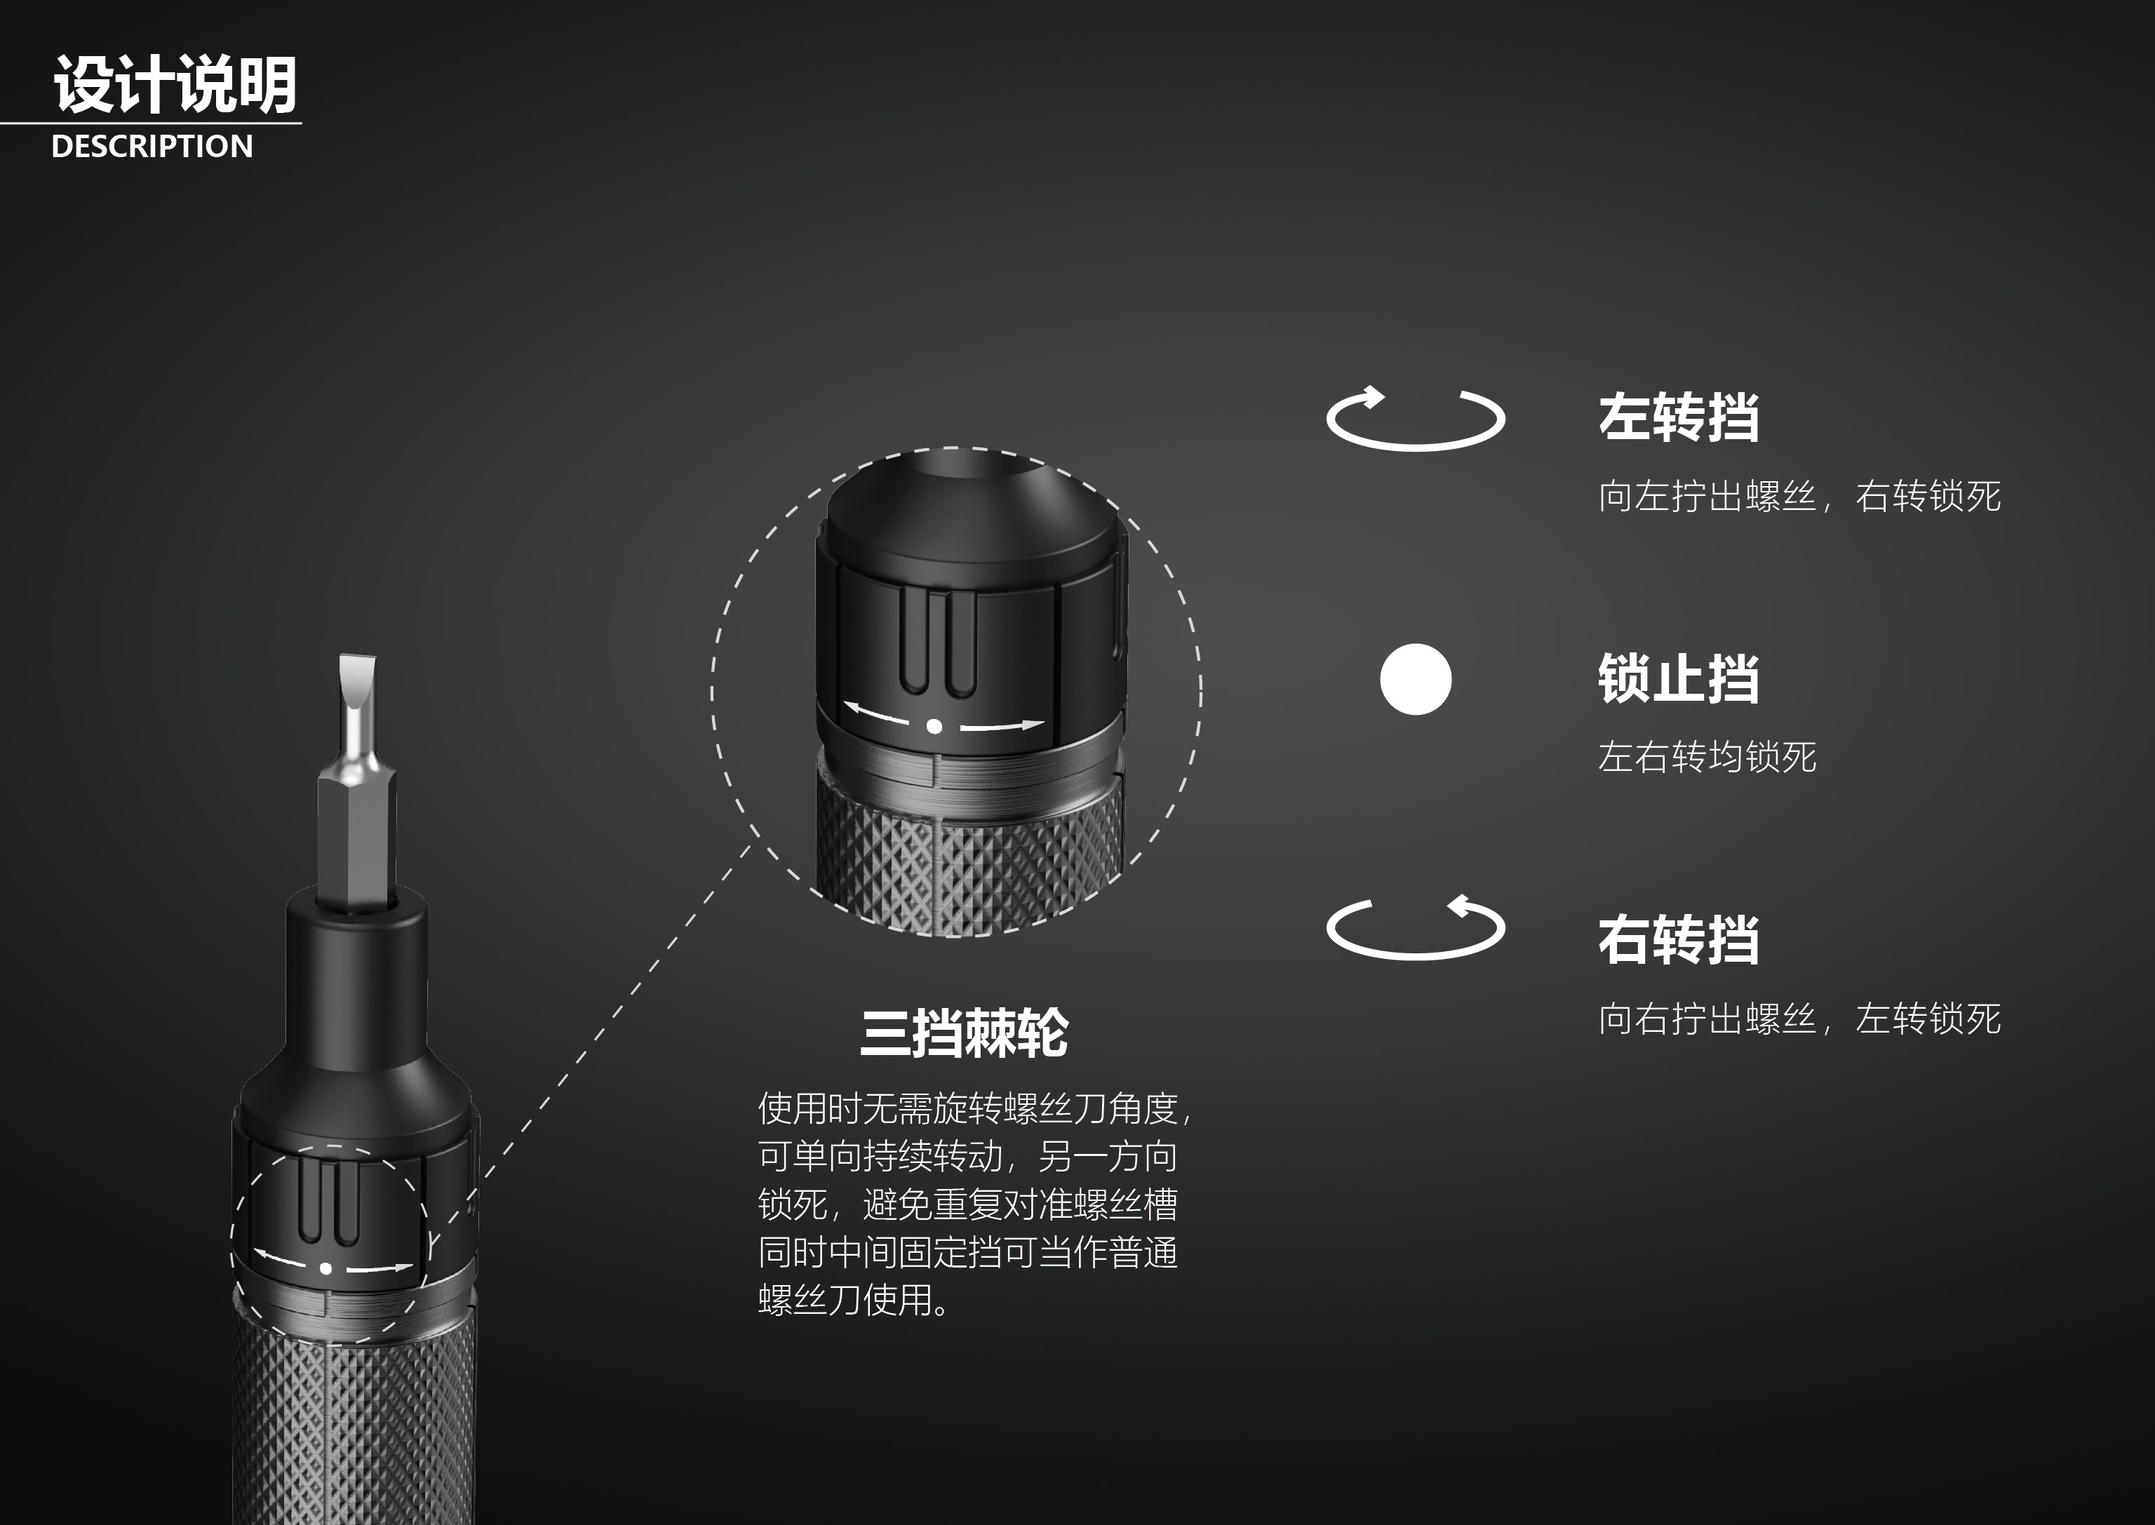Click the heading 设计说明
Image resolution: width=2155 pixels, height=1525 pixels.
[x=175, y=84]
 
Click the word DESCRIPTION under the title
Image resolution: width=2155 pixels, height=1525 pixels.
[x=152, y=147]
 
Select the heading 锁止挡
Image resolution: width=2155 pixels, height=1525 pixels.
[x=1678, y=678]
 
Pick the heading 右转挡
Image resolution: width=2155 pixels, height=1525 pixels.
[x=1678, y=939]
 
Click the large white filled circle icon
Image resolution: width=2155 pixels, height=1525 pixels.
[x=1415, y=679]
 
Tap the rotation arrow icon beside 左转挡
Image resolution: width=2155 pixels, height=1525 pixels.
[x=1415, y=419]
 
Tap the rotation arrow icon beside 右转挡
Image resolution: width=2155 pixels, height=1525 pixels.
[x=1415, y=928]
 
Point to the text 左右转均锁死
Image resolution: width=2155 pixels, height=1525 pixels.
[x=1707, y=757]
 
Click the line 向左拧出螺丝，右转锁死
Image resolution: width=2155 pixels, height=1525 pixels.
[x=1799, y=496]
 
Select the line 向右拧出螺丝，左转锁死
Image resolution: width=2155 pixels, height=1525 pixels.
[x=1799, y=1019]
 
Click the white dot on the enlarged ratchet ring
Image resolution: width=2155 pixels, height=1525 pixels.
[x=934, y=726]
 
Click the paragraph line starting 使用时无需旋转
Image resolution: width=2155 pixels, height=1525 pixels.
[x=974, y=1109]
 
